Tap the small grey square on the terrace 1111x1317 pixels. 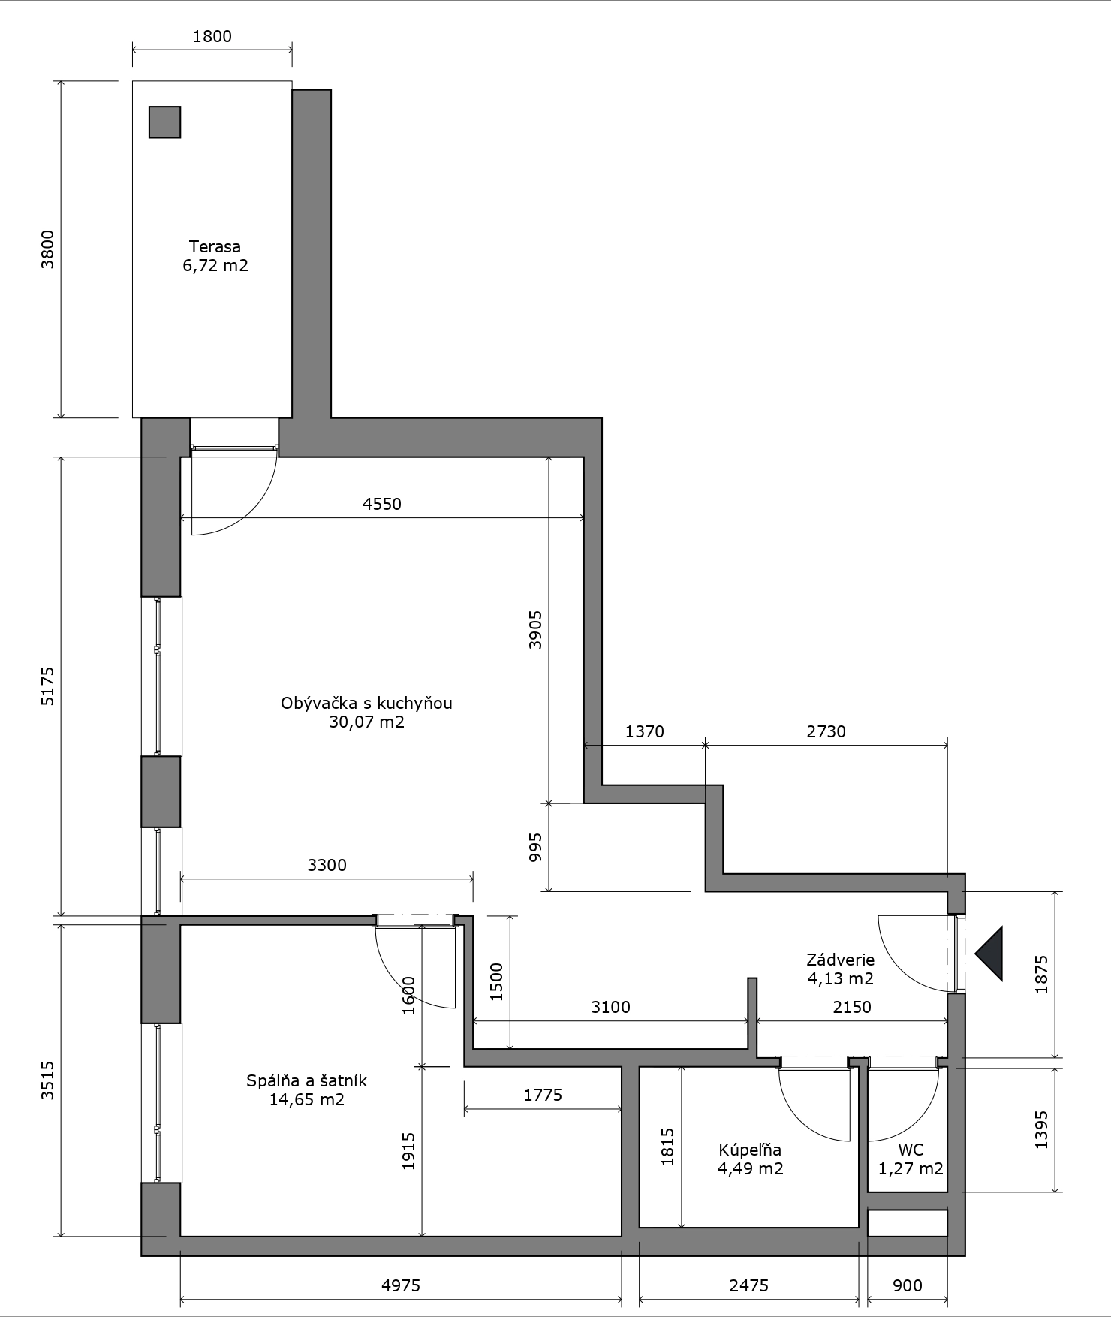164,122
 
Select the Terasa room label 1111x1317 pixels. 215,246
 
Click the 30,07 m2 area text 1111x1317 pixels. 366,722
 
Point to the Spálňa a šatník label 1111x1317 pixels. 306,1081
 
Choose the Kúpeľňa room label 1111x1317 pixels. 750,1150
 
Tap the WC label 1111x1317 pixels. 911,1150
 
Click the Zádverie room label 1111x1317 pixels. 840,960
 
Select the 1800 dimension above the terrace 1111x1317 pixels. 212,36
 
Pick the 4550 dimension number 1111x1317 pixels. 382,504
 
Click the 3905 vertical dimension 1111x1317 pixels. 535,630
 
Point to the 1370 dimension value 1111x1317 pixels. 645,731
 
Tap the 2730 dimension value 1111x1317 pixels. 826,731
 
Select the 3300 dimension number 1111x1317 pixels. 327,865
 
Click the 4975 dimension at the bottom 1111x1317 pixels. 401,1285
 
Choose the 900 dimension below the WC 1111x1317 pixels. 908,1285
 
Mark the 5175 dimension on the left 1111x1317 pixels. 47,686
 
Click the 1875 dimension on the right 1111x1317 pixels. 1041,975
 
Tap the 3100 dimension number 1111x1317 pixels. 610,1007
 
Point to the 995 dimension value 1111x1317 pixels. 535,847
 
